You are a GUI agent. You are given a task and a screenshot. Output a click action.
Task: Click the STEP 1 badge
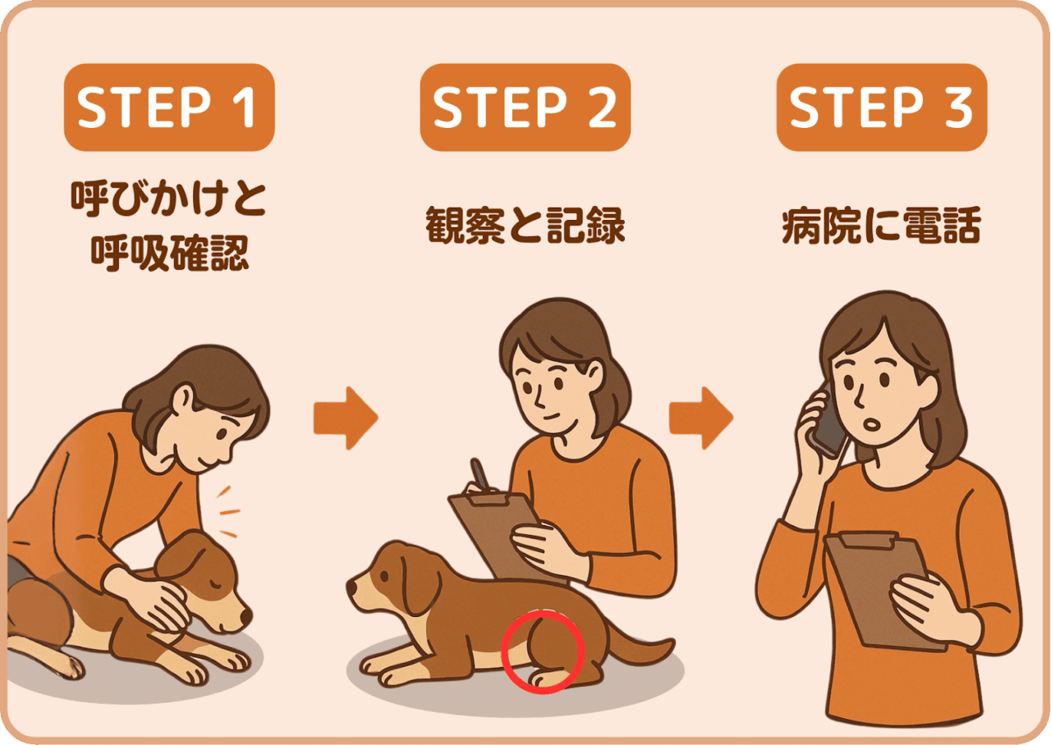point(169,107)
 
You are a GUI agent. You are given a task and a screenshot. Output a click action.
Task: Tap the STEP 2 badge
point(525,107)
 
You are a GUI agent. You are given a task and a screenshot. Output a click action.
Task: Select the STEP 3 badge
point(882,107)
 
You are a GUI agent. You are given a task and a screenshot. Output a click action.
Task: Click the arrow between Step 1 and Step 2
point(346,418)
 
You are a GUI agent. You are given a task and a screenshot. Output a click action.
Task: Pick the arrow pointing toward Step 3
point(701,418)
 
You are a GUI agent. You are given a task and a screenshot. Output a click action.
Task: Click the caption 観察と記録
point(525,226)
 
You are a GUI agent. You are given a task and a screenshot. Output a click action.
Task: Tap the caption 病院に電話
point(882,226)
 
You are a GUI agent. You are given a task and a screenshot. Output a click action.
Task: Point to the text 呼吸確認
point(169,254)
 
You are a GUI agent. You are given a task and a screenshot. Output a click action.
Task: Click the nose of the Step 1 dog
point(246,616)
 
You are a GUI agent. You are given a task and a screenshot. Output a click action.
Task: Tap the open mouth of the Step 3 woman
point(872,425)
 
